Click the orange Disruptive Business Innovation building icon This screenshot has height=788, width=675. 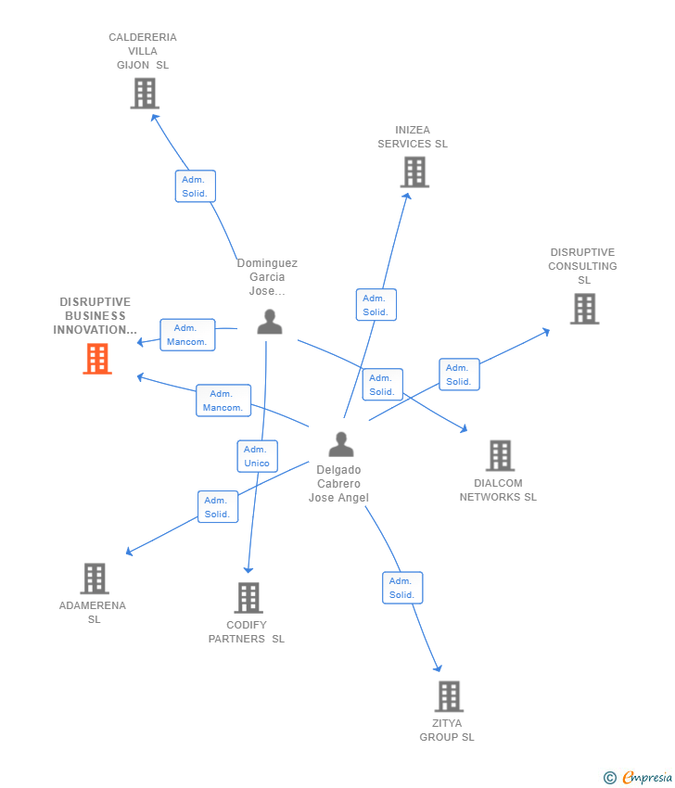(97, 359)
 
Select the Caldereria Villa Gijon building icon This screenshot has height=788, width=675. (145, 94)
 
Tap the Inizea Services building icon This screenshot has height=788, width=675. (414, 172)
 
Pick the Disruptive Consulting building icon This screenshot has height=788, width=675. (584, 309)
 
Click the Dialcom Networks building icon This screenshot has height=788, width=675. (500, 455)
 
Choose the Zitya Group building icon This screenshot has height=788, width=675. (449, 696)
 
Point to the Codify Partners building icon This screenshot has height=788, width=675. (248, 598)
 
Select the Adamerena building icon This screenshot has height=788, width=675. (95, 578)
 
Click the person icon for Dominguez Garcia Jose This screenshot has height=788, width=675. (270, 322)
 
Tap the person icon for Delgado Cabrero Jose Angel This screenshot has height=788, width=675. (341, 445)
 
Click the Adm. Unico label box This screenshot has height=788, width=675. (257, 456)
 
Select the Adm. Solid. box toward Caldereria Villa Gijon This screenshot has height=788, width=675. (195, 186)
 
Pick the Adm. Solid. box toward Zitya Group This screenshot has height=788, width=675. (402, 588)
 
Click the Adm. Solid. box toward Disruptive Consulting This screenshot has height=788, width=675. (459, 375)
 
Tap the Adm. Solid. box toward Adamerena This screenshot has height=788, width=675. (218, 507)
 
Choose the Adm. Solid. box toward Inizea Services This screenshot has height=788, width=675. (376, 305)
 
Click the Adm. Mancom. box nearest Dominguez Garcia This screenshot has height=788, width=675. (187, 335)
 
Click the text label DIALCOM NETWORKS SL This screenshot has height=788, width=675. (498, 489)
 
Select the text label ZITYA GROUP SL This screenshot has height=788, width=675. (447, 730)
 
